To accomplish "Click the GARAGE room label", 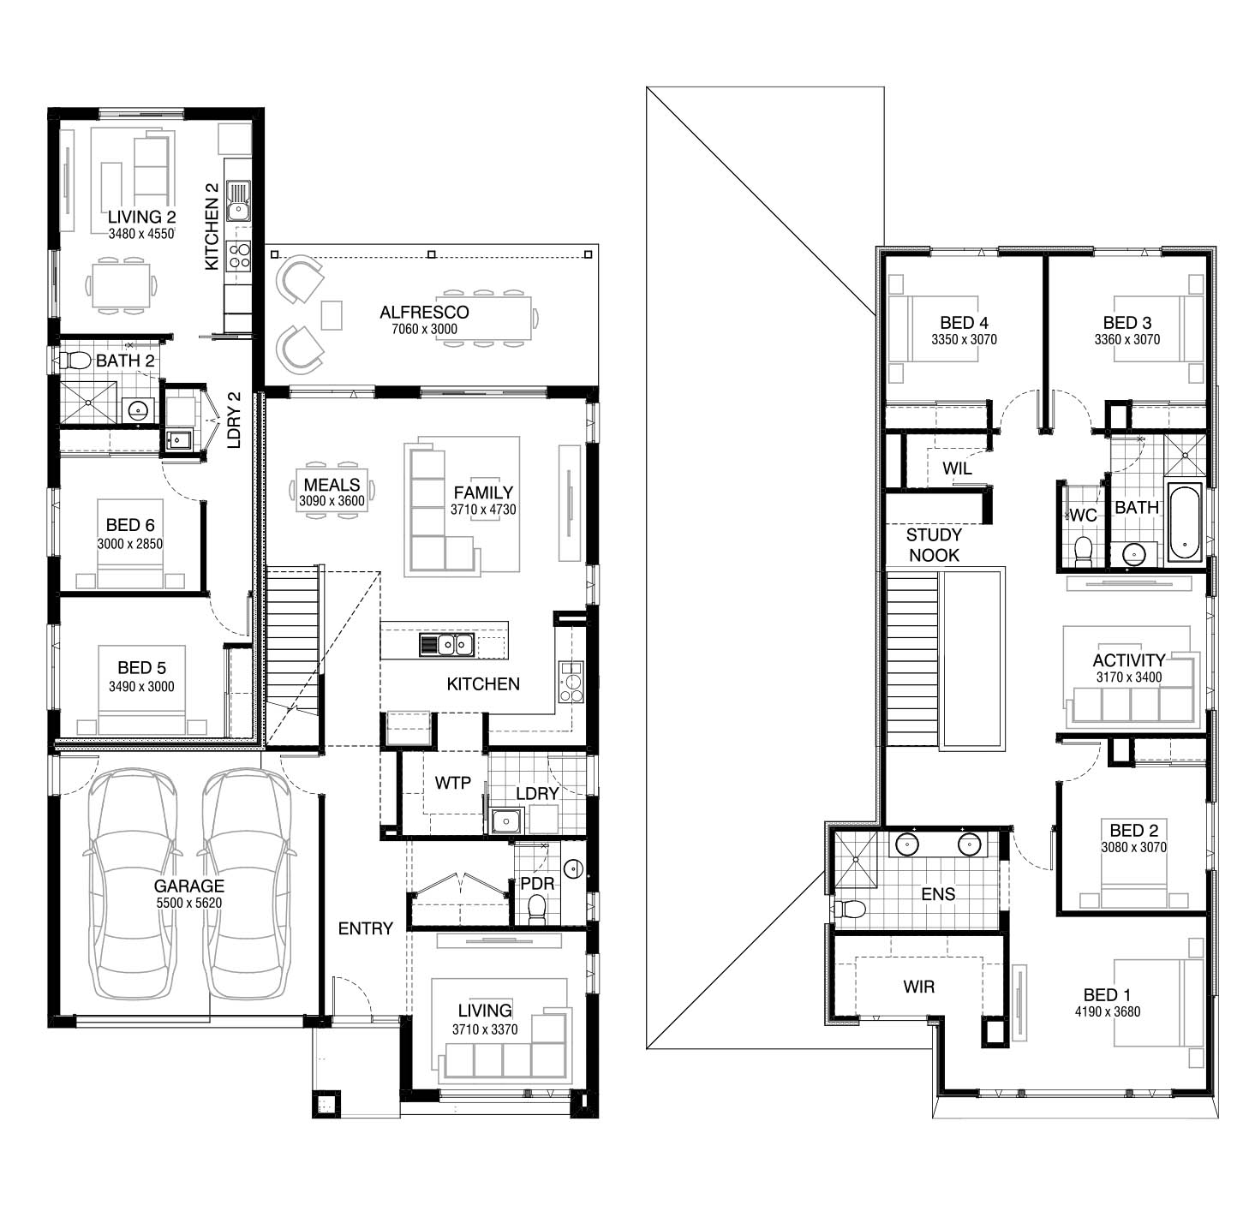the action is click(189, 886).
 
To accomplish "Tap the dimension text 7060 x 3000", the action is click(424, 329).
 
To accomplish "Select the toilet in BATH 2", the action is click(75, 360).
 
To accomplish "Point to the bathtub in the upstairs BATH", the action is click(1185, 523).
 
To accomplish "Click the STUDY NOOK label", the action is click(934, 545).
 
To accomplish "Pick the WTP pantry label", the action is click(452, 783).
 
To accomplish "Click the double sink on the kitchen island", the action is click(446, 644).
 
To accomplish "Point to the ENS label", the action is click(938, 893).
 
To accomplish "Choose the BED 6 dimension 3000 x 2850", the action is click(129, 544).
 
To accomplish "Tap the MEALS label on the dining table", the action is click(332, 484).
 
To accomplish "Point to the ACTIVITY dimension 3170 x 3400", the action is click(1128, 677).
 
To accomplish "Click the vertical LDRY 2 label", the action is click(234, 420).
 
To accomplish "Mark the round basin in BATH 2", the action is click(137, 409).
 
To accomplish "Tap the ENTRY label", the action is click(366, 928).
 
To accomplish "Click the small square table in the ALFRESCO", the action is click(332, 315).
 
